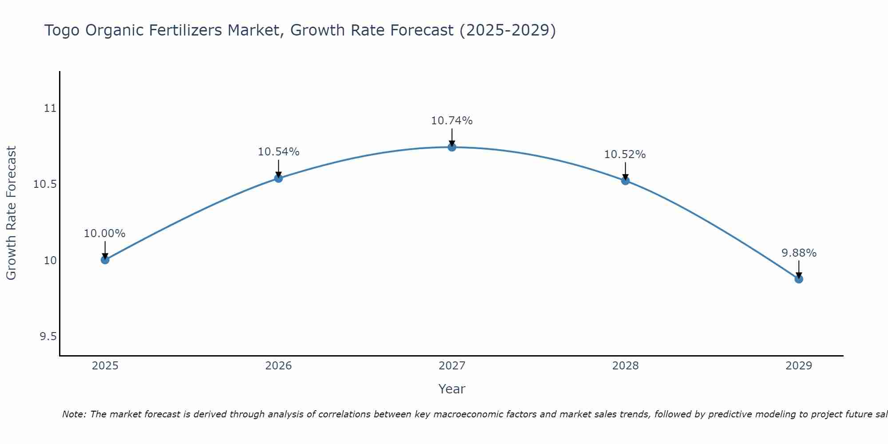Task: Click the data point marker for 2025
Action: point(105,260)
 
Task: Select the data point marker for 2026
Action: point(278,178)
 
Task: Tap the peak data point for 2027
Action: point(452,147)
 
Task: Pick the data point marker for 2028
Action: point(625,181)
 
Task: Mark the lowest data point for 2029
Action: point(799,279)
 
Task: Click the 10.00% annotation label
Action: point(105,234)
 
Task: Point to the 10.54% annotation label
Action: point(278,152)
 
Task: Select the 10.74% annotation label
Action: point(452,121)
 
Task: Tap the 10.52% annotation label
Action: point(625,155)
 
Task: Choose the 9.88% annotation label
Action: point(799,253)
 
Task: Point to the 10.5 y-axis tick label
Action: point(45,184)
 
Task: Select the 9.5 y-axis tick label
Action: point(48,337)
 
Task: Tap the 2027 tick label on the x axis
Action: point(452,366)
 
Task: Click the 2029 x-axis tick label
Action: point(799,366)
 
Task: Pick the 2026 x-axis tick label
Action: point(278,366)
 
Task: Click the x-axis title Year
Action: point(452,389)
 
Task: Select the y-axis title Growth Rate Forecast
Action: point(11,213)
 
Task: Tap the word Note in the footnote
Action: point(73,414)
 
